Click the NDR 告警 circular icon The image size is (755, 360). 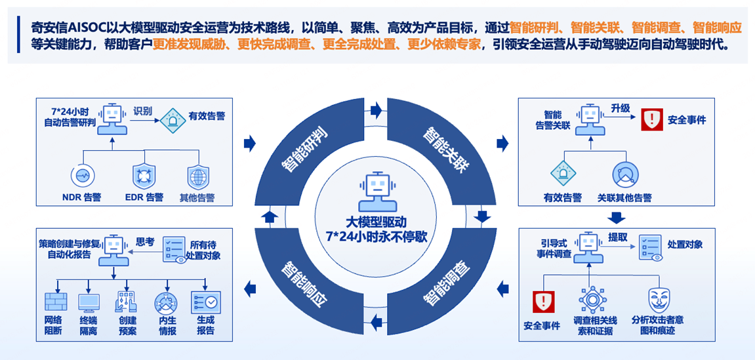tap(83, 176)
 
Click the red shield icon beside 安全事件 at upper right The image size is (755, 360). tap(652, 119)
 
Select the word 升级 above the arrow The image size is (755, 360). tap(621, 108)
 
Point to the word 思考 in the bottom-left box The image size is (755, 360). tap(145, 241)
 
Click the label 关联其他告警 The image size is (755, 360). tap(624, 197)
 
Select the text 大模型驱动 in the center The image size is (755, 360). tap(377, 222)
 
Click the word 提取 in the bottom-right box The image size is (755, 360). tap(618, 237)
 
